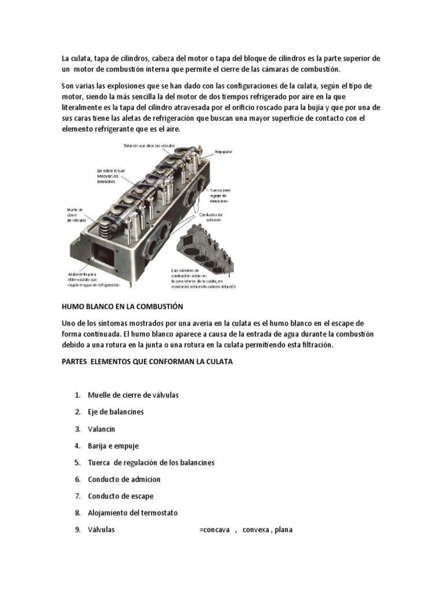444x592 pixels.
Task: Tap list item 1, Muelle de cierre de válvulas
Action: pos(133,395)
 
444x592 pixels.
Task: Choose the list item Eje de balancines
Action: pos(115,412)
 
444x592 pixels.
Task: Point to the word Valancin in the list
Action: pos(102,429)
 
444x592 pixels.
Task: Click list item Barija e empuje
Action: pos(113,446)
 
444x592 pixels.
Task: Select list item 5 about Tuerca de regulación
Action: pos(151,462)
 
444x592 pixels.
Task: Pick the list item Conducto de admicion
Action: pos(124,479)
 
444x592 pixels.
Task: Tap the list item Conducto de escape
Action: pos(120,496)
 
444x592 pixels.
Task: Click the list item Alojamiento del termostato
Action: pos(132,513)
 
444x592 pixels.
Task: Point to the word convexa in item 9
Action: pos(255,530)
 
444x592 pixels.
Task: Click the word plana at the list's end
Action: pos(284,530)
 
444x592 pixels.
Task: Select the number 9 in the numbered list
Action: pos(76,530)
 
